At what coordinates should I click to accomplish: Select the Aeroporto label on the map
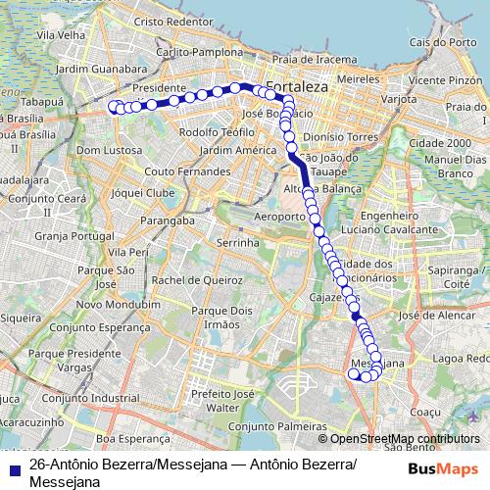(279, 215)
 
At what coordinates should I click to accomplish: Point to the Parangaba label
(163, 220)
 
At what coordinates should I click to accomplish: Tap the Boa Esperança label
(128, 439)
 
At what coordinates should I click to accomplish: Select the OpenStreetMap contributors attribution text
(399, 439)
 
